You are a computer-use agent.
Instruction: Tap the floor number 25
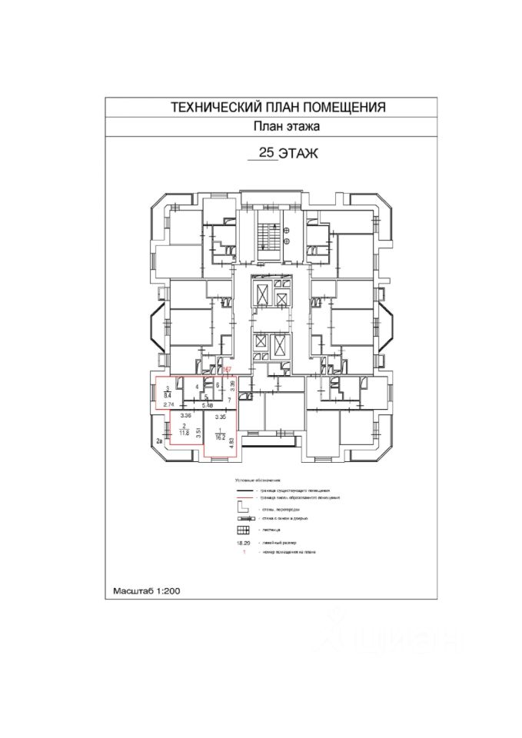(x=268, y=153)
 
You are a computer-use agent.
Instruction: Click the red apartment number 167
(x=227, y=370)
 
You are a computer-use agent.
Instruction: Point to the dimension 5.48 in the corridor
(x=206, y=404)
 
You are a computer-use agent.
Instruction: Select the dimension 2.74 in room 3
(x=169, y=404)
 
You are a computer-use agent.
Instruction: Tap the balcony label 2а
(x=159, y=441)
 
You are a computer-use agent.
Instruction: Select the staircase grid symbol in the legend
(x=243, y=530)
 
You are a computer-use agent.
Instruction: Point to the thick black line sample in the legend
(x=245, y=490)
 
